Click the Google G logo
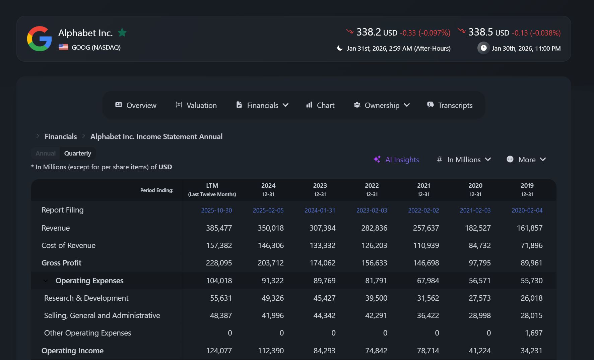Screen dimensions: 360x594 [39, 39]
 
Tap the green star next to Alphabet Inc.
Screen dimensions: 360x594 [122, 33]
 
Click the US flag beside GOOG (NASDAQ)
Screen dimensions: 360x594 [63, 47]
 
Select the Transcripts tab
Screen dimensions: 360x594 [450, 105]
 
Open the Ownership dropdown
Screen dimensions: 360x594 [382, 105]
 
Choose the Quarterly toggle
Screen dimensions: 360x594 [77, 154]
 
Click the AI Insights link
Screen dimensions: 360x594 [396, 160]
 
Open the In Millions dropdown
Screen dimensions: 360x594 [464, 160]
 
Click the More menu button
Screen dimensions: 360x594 [526, 160]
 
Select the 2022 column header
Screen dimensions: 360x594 [372, 189]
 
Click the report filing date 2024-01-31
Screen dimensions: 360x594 [320, 211]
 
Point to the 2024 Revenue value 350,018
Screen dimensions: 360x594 [270, 228]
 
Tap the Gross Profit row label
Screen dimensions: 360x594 [61, 263]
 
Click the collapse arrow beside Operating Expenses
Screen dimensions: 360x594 [46, 281]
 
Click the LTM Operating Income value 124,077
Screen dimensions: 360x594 [219, 351]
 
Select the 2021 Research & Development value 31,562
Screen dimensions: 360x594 [428, 298]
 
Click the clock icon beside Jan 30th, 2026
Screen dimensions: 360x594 [483, 48]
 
